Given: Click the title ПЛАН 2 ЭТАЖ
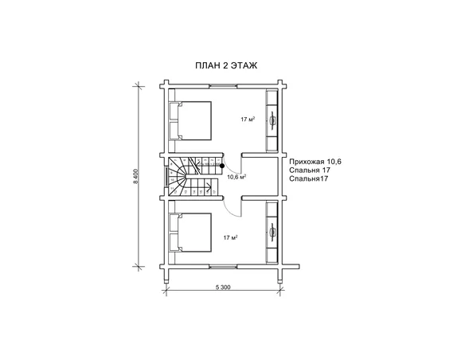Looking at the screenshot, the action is point(226,65).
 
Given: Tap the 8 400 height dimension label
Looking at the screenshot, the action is point(136,177).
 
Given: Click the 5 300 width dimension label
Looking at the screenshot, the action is point(223,287).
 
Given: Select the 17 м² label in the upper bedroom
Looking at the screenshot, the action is point(248,119).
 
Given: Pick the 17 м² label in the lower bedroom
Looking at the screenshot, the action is point(231,237).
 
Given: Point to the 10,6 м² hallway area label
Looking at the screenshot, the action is point(236,177).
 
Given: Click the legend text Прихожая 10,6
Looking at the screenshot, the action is point(315,162).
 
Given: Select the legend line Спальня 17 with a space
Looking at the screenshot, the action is point(310,170).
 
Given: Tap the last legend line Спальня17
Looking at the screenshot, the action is point(308,178).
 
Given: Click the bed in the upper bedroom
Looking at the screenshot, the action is point(190,121).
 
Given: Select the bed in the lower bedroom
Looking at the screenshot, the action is point(190,233).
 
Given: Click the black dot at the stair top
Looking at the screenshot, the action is point(222,166).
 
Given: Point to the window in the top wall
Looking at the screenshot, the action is point(223,86).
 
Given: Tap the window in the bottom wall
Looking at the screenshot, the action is point(223,267).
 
